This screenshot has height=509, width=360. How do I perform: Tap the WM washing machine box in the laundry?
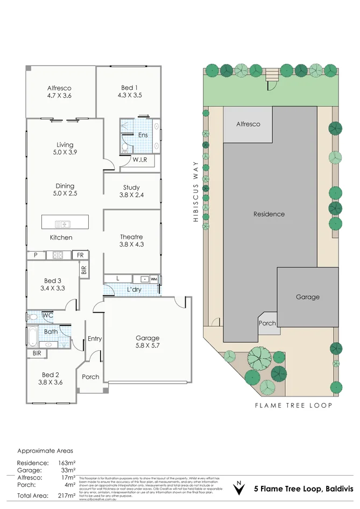[x=154, y=279]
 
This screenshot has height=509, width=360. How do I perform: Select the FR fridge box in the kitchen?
[x=80, y=255]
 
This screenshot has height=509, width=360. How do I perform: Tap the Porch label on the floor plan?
[x=90, y=377]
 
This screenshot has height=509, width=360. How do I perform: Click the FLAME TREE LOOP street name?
[x=293, y=405]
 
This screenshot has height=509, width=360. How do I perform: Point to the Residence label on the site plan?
[x=269, y=214]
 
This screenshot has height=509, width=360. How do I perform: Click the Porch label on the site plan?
[x=267, y=323]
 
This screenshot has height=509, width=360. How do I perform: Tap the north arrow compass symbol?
[x=238, y=489]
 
